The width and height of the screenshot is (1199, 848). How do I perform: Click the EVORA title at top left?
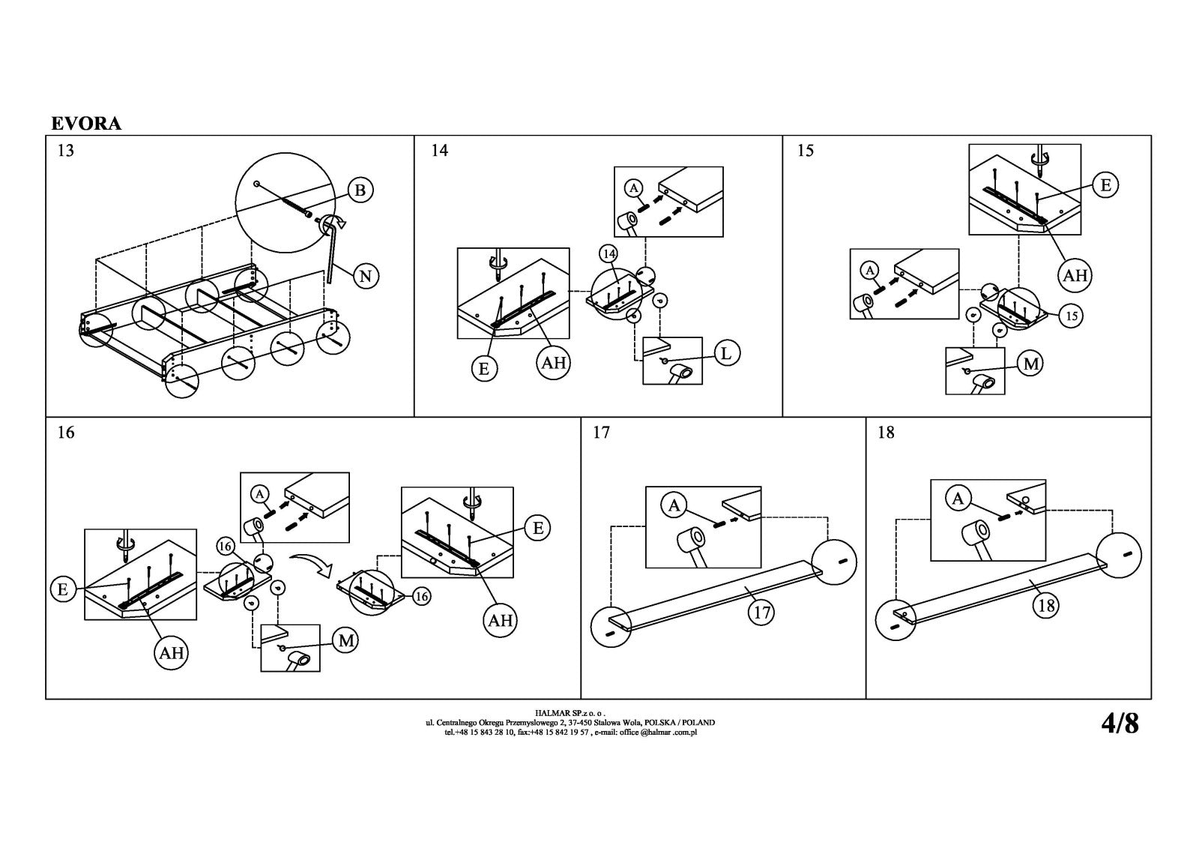tap(86, 124)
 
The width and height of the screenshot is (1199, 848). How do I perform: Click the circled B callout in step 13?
tap(360, 190)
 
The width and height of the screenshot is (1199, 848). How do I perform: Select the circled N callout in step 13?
tap(365, 277)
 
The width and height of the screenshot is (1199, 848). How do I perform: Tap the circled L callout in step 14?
tap(725, 352)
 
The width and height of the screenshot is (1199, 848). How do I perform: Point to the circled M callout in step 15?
tap(1031, 364)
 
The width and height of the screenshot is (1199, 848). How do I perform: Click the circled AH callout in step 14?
tap(554, 363)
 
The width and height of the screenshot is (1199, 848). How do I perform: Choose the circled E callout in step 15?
tap(1105, 184)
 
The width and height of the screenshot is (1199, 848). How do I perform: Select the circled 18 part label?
tap(1046, 605)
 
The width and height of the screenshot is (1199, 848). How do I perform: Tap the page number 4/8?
tap(1120, 724)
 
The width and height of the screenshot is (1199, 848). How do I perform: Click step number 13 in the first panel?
tap(66, 151)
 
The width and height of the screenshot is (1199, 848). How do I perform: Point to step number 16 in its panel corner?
tap(66, 433)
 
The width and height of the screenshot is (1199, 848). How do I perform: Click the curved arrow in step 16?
tap(311, 562)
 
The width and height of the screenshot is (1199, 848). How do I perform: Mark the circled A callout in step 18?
tap(958, 498)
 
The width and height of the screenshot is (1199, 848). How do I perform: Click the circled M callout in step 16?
tap(345, 640)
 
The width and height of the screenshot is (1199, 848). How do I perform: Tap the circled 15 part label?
tap(1072, 316)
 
